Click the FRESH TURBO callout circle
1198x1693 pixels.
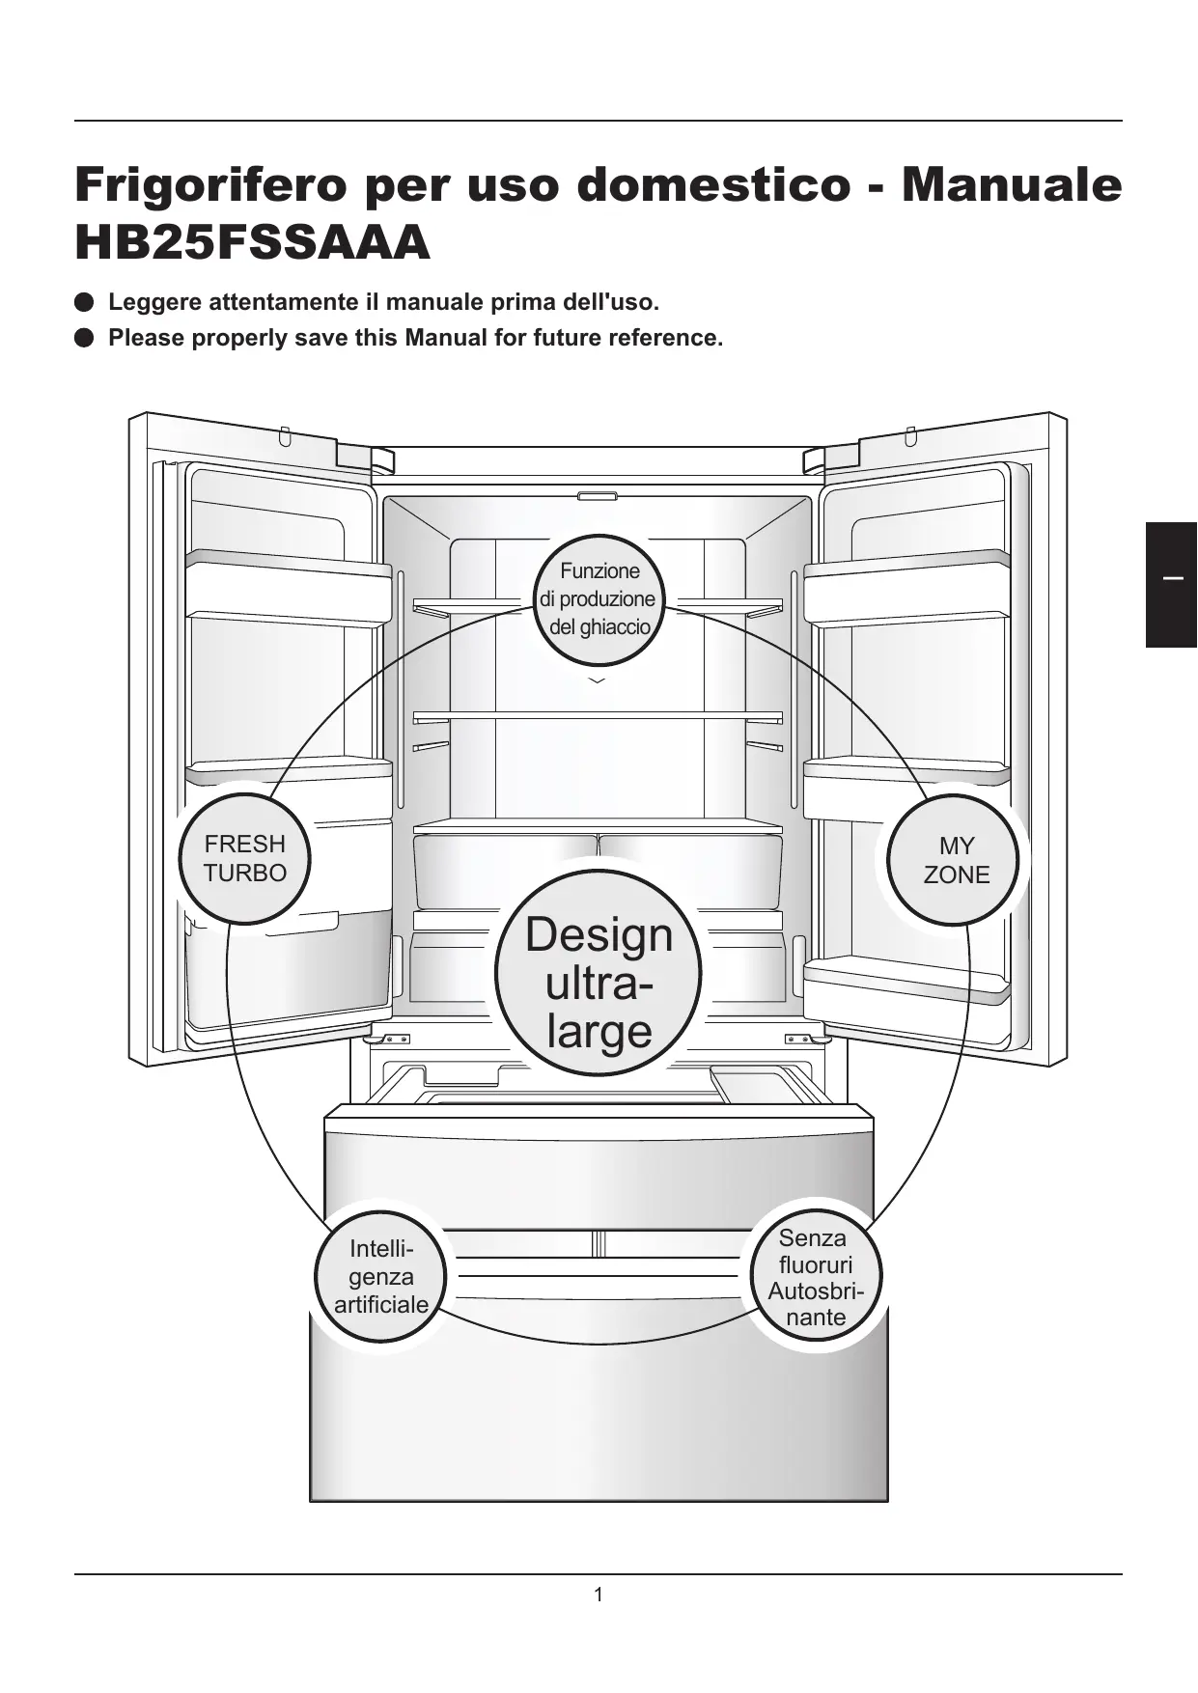[245, 858]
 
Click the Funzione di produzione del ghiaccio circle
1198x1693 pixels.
[599, 598]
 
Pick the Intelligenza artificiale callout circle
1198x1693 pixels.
[381, 1276]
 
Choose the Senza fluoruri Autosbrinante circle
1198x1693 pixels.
[816, 1276]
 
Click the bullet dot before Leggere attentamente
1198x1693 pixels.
[84, 302]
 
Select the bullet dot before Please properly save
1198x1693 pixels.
[84, 338]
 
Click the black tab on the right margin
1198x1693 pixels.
[1171, 584]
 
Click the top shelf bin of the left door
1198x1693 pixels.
[288, 589]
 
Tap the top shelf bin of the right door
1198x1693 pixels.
[907, 589]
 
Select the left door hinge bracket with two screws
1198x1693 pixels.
[390, 1040]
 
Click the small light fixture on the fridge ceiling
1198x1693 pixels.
[598, 496]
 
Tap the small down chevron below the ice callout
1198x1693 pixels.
[598, 680]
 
